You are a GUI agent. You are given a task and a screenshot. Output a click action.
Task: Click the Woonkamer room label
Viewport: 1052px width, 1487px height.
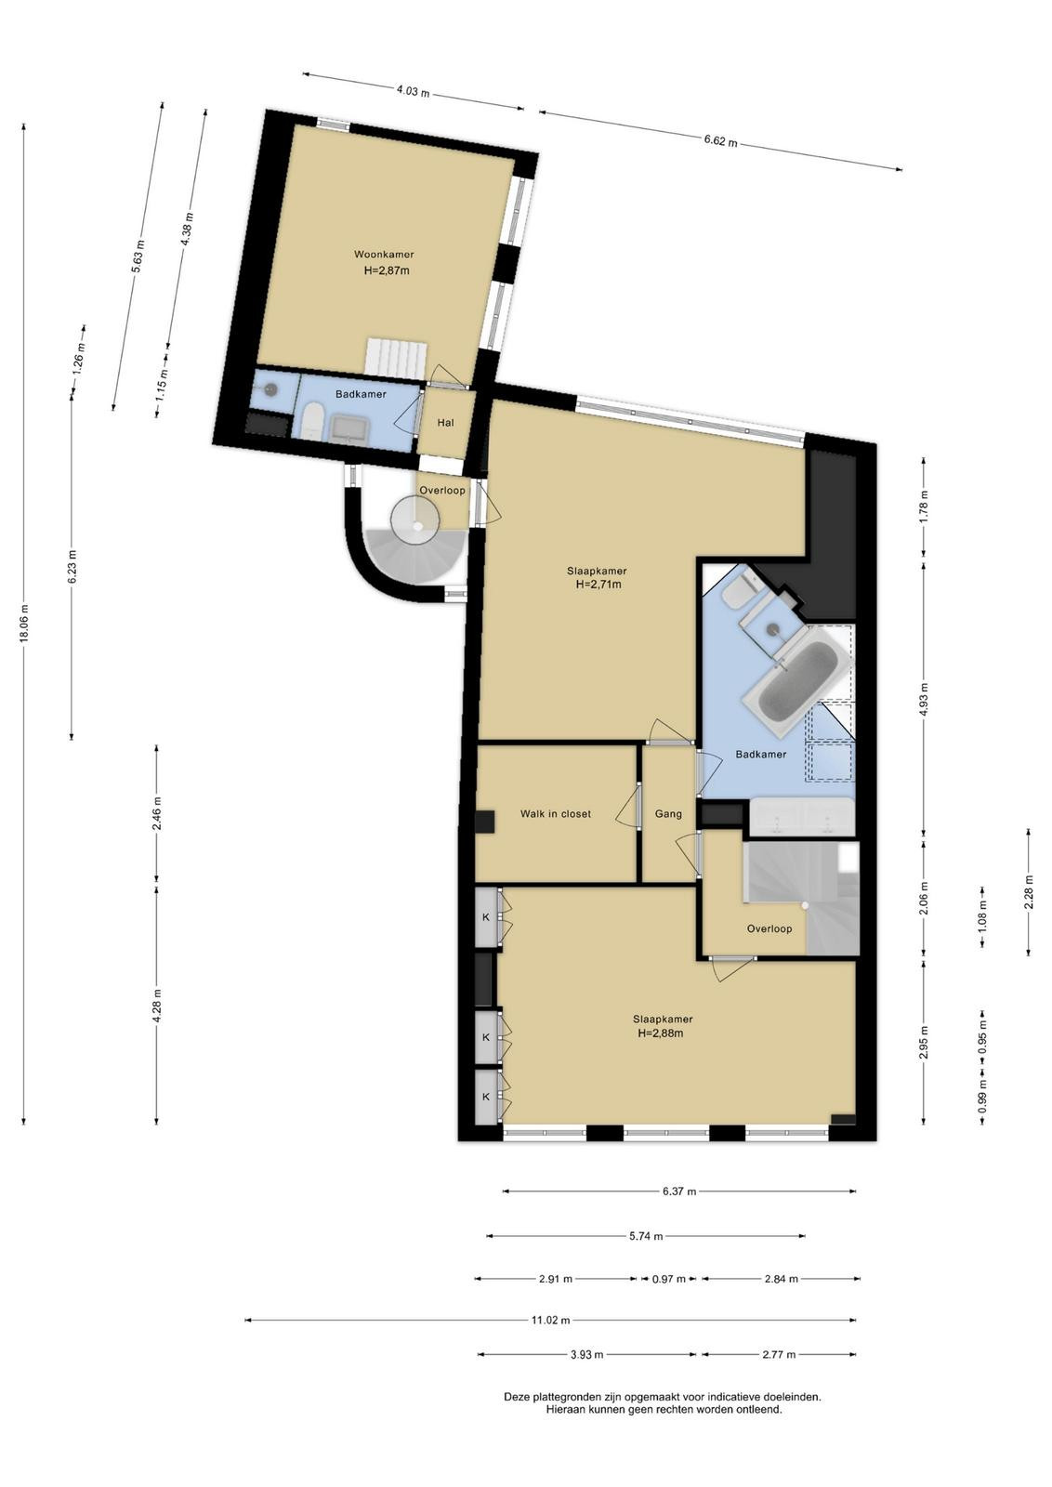(384, 255)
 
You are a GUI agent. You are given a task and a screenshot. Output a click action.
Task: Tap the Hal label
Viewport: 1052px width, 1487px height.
(445, 422)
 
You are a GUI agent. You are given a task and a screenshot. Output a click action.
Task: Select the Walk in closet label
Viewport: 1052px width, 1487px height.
(555, 814)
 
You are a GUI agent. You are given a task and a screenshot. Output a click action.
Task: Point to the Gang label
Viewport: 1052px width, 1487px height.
(667, 814)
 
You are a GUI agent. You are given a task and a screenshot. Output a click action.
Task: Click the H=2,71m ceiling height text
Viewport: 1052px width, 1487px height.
(598, 585)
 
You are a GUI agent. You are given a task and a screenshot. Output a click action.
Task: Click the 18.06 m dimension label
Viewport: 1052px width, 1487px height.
(24, 624)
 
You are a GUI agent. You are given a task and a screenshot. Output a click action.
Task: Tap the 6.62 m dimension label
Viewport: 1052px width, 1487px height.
(720, 140)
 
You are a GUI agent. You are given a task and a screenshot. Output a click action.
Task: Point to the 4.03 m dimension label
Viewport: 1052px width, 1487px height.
(413, 92)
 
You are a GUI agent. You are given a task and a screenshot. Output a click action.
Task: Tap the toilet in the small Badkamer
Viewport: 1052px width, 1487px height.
(311, 422)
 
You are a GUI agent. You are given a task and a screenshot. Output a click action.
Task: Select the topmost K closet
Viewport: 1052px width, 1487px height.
(486, 916)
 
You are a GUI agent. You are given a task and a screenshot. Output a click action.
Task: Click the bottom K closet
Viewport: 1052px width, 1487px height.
(486, 1098)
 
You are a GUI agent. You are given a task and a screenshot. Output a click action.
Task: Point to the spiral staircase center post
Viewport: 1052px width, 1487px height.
(417, 524)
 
